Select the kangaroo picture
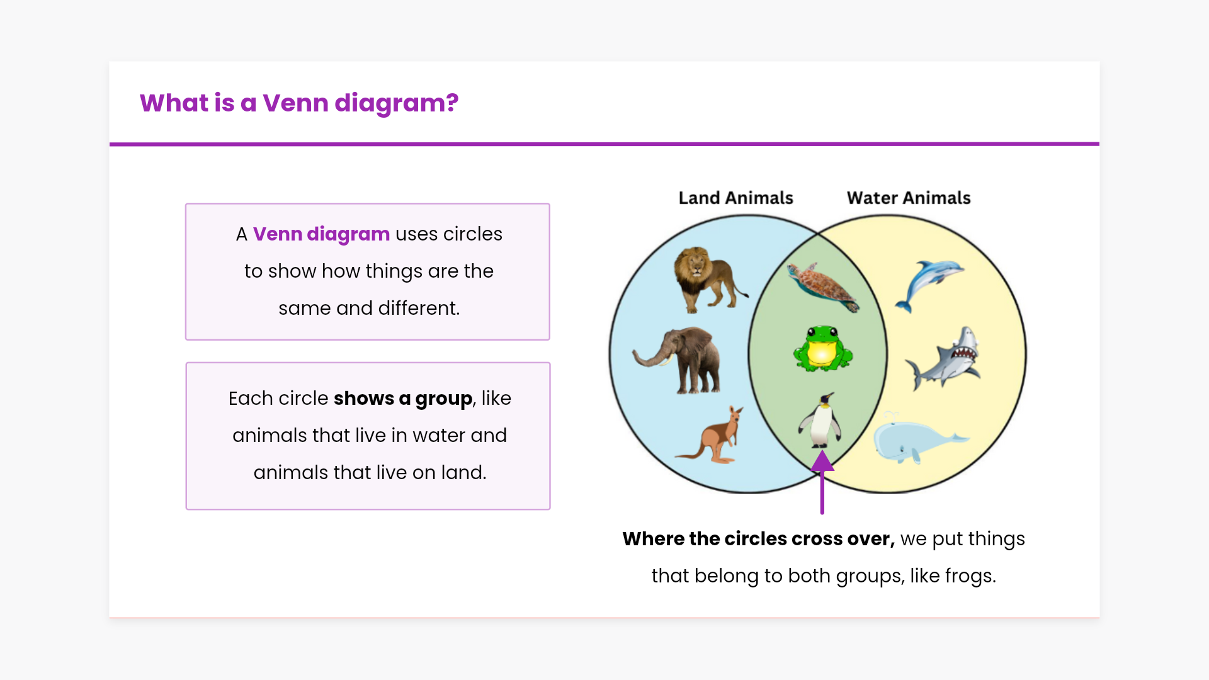(x=712, y=435)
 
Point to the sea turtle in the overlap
(x=823, y=286)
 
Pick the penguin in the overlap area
(x=820, y=420)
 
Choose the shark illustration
(x=943, y=358)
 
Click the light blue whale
(x=920, y=438)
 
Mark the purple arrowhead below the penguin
(x=822, y=461)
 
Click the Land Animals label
(x=735, y=198)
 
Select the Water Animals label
(x=909, y=198)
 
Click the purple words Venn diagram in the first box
(x=321, y=234)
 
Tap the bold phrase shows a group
(x=403, y=399)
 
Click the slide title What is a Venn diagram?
(x=299, y=103)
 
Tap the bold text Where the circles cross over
(x=758, y=539)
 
